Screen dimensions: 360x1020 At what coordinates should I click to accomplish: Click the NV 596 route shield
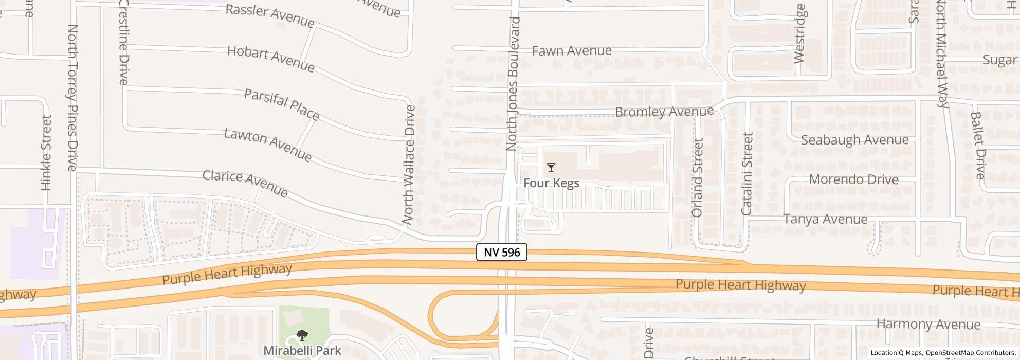pyautogui.click(x=501, y=252)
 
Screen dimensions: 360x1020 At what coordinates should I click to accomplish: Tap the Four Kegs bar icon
pyautogui.click(x=551, y=168)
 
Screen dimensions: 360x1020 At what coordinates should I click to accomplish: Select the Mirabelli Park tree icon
pyautogui.click(x=302, y=336)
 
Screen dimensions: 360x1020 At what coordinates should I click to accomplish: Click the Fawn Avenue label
pyautogui.click(x=572, y=51)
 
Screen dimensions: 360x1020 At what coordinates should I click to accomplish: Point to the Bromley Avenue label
pyautogui.click(x=664, y=112)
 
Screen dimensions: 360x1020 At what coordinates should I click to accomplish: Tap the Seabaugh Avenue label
pyautogui.click(x=854, y=140)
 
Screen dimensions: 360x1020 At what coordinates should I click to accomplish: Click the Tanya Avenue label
pyautogui.click(x=825, y=219)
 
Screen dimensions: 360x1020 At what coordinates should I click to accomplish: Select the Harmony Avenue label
pyautogui.click(x=928, y=325)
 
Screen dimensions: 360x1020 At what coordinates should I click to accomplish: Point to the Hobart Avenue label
pyautogui.click(x=270, y=59)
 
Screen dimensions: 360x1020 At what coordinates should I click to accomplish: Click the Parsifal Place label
pyautogui.click(x=282, y=104)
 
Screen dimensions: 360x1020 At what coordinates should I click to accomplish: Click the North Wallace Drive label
pyautogui.click(x=410, y=165)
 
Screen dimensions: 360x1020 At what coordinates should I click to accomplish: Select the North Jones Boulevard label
pyautogui.click(x=513, y=84)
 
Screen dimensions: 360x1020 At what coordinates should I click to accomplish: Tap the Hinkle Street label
pyautogui.click(x=46, y=153)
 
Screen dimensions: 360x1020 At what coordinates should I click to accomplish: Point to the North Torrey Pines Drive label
pyautogui.click(x=72, y=98)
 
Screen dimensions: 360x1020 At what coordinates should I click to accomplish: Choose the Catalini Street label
pyautogui.click(x=747, y=174)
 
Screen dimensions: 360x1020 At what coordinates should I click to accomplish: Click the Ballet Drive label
pyautogui.click(x=978, y=146)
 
